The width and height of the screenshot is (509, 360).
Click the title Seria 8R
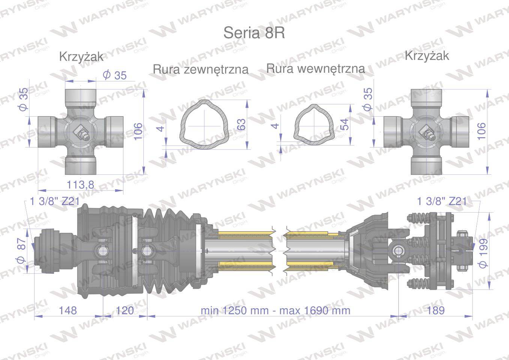254,33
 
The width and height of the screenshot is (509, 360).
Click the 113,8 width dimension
80,184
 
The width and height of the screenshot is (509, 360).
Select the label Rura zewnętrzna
201,69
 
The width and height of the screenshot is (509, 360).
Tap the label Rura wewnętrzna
315,69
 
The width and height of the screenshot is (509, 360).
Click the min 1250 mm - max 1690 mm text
275,310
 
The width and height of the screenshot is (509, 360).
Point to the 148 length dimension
68,310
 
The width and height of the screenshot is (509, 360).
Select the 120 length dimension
125,310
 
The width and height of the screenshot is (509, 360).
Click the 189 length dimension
435,310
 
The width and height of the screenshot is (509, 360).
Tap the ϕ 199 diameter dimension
483,253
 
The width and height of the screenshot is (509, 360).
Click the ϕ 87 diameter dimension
21,250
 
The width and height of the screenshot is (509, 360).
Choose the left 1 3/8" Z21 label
54,201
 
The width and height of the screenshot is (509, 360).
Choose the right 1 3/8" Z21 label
442,201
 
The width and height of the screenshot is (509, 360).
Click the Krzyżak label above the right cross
427,56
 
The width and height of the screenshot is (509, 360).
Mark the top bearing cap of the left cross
80,97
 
